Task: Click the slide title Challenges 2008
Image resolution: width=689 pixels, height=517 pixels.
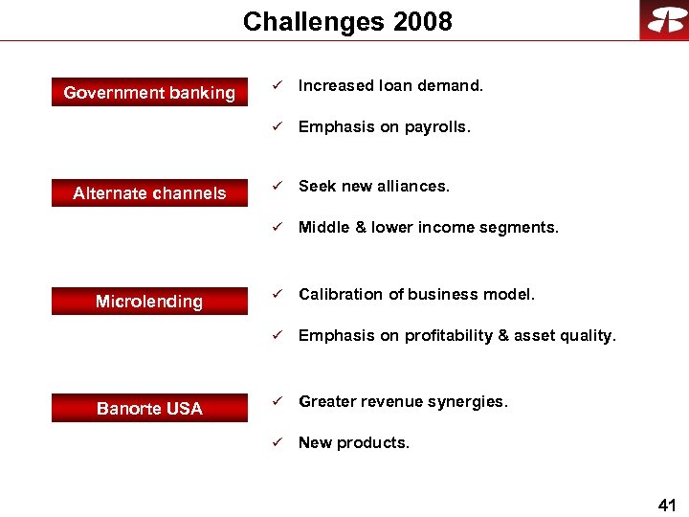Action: (347, 21)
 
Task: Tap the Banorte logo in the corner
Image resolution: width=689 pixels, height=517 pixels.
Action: (664, 20)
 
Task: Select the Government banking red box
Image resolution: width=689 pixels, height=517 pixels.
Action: (149, 93)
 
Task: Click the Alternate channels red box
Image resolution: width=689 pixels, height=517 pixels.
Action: (149, 193)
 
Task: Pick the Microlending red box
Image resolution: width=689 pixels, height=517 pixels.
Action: (149, 302)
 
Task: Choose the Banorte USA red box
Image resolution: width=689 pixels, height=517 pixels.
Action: (149, 409)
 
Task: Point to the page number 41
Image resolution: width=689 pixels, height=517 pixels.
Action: (667, 504)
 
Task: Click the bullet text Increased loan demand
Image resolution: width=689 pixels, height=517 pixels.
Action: (390, 86)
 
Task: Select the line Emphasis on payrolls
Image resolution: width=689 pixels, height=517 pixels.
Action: (385, 126)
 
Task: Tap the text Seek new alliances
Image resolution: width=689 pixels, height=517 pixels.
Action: (373, 187)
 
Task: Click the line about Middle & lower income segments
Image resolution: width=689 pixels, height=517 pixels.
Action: (428, 227)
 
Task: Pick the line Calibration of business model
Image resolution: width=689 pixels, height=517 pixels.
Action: (416, 295)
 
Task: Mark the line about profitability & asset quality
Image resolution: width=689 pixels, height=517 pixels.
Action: (457, 335)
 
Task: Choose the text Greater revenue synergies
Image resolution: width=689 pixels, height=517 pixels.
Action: (403, 402)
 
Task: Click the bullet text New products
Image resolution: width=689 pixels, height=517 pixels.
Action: (353, 442)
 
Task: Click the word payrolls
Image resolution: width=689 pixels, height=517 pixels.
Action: (439, 126)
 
